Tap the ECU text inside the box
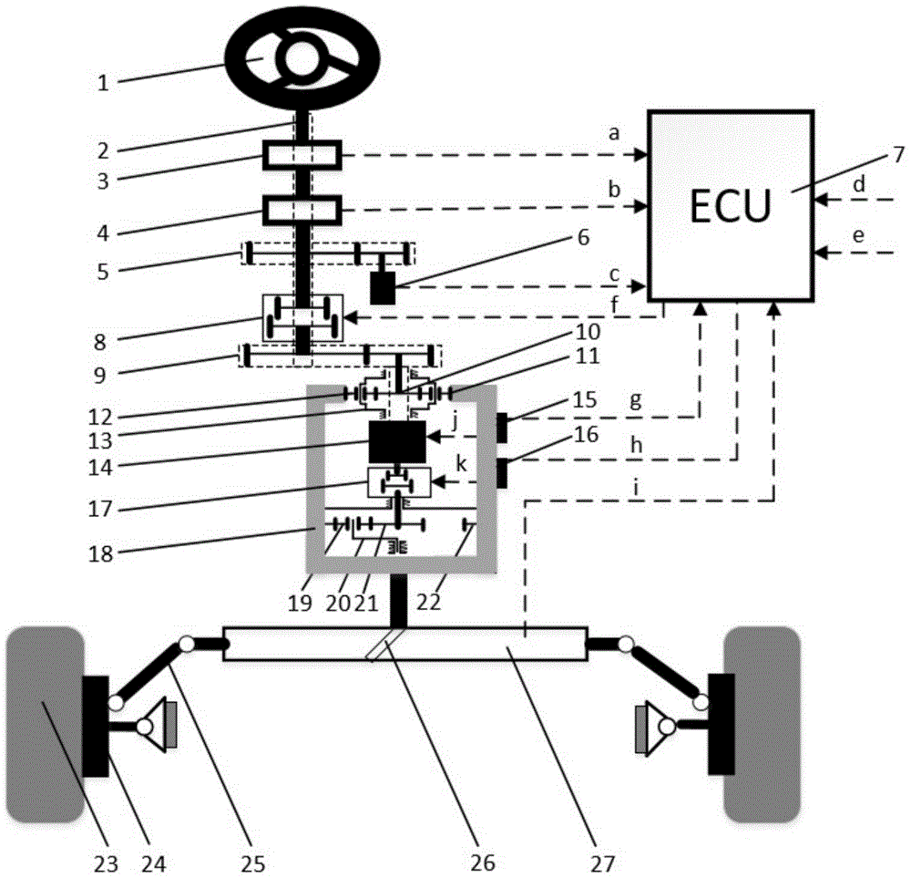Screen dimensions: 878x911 pyautogui.click(x=730, y=206)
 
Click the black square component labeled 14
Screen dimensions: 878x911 pyautogui.click(x=397, y=441)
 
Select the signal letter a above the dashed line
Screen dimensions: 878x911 pyautogui.click(x=614, y=134)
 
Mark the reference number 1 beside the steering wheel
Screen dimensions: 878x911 pyautogui.click(x=103, y=83)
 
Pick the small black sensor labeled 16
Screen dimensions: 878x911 pyautogui.click(x=502, y=473)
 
